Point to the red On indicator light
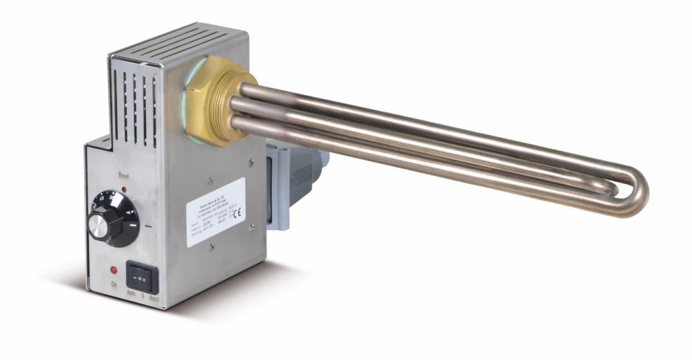click(113, 269)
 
